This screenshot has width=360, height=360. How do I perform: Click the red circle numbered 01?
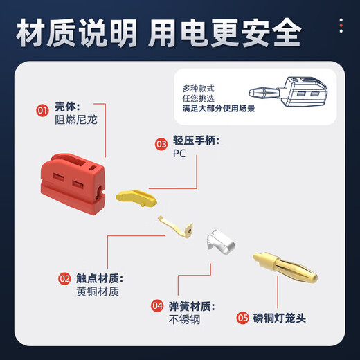point(42,109)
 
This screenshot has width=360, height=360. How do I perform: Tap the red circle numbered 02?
point(64,278)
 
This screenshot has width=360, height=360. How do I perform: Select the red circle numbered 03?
point(161,143)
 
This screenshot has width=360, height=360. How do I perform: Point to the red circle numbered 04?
point(157,305)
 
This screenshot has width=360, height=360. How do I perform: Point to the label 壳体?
point(68,108)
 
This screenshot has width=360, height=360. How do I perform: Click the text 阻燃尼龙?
point(76,120)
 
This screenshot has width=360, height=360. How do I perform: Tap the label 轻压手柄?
point(196,142)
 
